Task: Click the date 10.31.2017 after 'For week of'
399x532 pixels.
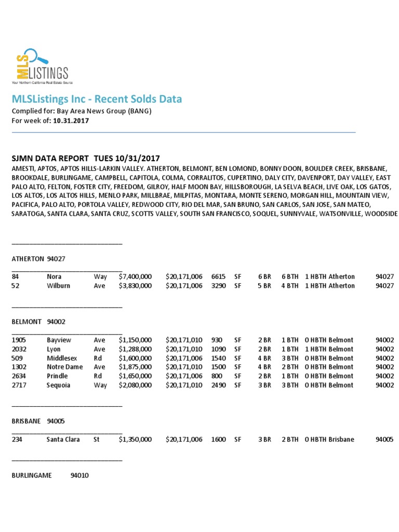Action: pyautogui.click(x=71, y=121)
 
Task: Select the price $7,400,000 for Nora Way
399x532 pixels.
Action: pyautogui.click(x=135, y=277)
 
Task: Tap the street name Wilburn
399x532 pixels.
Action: pyautogui.click(x=58, y=286)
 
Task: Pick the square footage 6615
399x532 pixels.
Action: pyautogui.click(x=219, y=277)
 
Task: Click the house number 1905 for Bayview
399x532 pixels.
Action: pyautogui.click(x=19, y=340)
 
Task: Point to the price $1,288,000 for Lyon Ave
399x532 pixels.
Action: pyautogui.click(x=135, y=349)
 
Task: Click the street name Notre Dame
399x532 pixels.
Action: pyautogui.click(x=65, y=367)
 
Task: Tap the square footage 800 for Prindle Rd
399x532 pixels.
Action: pyautogui.click(x=217, y=376)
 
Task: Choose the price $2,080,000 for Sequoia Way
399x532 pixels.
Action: pyautogui.click(x=135, y=385)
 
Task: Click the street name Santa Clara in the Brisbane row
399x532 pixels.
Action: pyautogui.click(x=63, y=439)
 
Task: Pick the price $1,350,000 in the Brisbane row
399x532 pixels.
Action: pyautogui.click(x=135, y=439)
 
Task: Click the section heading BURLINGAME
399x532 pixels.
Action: pyautogui.click(x=32, y=475)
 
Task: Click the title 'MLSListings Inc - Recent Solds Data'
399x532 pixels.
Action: pyautogui.click(x=97, y=99)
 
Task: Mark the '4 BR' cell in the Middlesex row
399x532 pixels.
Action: pyautogui.click(x=264, y=358)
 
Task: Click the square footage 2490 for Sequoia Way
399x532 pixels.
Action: pyautogui.click(x=219, y=385)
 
